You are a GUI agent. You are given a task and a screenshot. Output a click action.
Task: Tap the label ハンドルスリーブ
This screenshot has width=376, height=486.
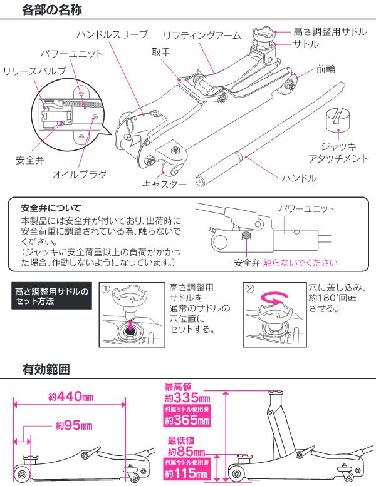click(x=112, y=33)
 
